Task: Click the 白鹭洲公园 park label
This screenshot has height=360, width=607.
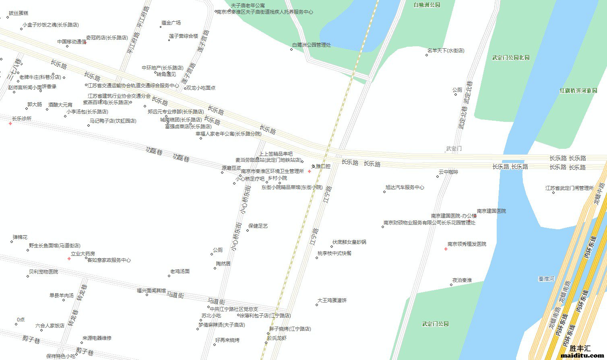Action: coord(427,5)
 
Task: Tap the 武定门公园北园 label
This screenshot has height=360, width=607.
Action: coord(511,58)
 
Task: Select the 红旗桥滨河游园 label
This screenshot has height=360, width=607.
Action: coord(578,91)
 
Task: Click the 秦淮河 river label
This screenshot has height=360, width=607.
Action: coord(546,279)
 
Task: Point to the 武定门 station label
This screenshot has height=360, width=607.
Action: coord(454,149)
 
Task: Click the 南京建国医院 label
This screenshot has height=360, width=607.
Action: coord(491,211)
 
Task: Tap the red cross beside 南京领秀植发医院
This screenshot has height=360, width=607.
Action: coord(446,249)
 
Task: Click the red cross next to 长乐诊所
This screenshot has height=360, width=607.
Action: coord(10,123)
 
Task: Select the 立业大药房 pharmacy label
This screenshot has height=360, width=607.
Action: coord(83,254)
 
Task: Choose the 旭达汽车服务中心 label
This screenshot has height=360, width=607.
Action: coord(405,187)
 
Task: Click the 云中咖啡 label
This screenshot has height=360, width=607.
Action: coord(448,172)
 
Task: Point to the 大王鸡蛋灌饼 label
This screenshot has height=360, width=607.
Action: coord(332,300)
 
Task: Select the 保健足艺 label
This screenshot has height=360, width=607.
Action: coord(258,226)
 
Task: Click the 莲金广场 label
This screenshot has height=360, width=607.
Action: coord(171,23)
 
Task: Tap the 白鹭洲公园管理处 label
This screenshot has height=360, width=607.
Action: coord(311,45)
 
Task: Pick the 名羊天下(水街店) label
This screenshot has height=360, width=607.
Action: coord(446,51)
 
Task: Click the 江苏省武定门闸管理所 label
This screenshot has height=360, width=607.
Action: coord(569,188)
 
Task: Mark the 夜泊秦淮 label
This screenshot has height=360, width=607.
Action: coord(462,280)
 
